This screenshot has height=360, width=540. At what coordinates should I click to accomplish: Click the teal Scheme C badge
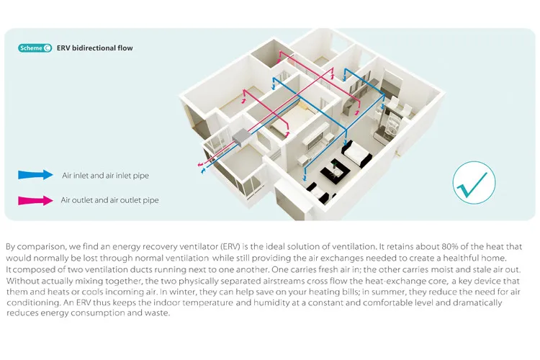point(35,48)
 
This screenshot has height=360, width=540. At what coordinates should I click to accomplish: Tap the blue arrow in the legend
point(36,174)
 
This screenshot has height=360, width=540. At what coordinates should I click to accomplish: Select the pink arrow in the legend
point(36,200)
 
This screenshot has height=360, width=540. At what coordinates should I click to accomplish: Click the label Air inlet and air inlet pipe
point(105,175)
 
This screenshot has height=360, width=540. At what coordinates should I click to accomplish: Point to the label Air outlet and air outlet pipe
point(109,200)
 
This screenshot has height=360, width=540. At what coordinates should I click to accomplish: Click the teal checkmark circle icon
point(474,181)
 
